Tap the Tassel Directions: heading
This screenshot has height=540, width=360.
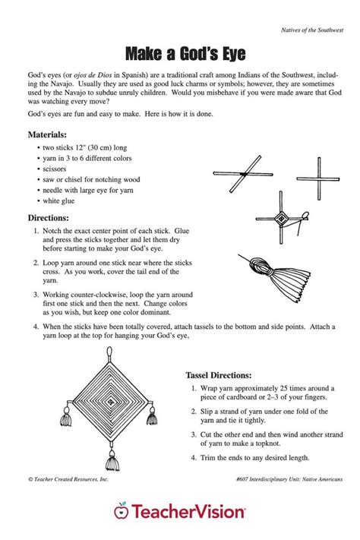[226, 375]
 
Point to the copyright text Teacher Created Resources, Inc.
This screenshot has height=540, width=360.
[71, 479]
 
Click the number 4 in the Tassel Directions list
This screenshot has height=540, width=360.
[194, 457]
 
